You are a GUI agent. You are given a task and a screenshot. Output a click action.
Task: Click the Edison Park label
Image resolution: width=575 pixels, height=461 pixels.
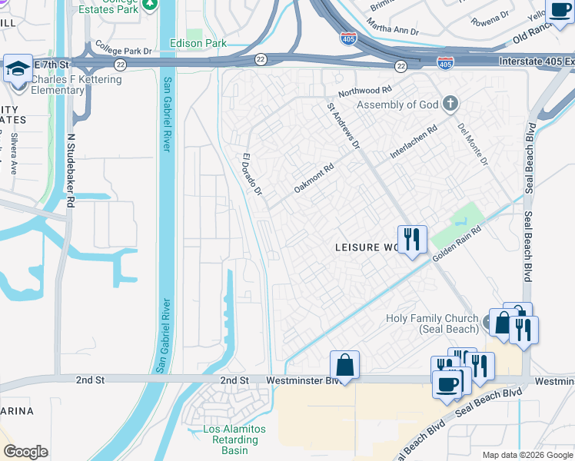[198, 44]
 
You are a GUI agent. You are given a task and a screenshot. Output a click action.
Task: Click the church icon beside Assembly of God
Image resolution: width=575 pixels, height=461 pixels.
[450, 104]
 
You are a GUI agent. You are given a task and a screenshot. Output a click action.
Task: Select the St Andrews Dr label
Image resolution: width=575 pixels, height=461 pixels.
[344, 127]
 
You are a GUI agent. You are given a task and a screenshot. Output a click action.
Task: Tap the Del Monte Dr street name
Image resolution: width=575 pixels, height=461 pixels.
[473, 144]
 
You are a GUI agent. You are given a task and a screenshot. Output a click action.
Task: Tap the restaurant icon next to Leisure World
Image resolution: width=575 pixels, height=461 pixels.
[412, 240]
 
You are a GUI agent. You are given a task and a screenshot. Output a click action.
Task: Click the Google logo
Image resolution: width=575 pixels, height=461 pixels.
[26, 451]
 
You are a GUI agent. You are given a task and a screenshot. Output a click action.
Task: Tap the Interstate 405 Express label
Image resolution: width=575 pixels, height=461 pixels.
[530, 61]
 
